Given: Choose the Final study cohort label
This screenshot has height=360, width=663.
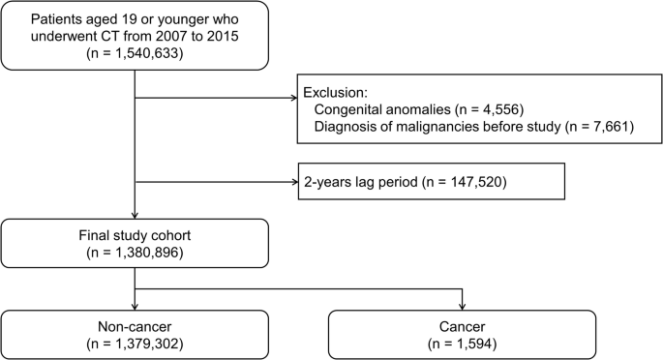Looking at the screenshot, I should coord(134,233).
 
